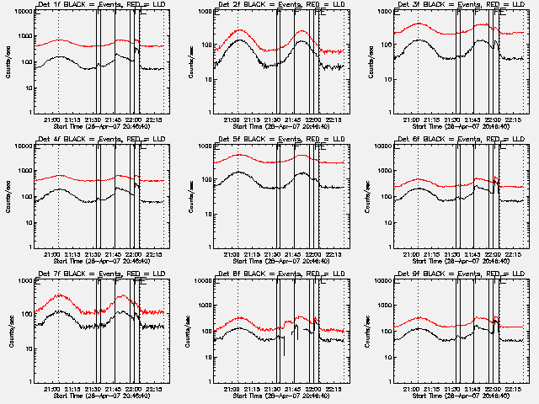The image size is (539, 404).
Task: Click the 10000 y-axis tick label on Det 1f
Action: click(x=23, y=13)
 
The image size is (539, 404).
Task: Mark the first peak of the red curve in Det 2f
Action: click(x=239, y=30)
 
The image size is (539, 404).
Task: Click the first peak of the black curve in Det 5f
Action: click(x=239, y=172)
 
